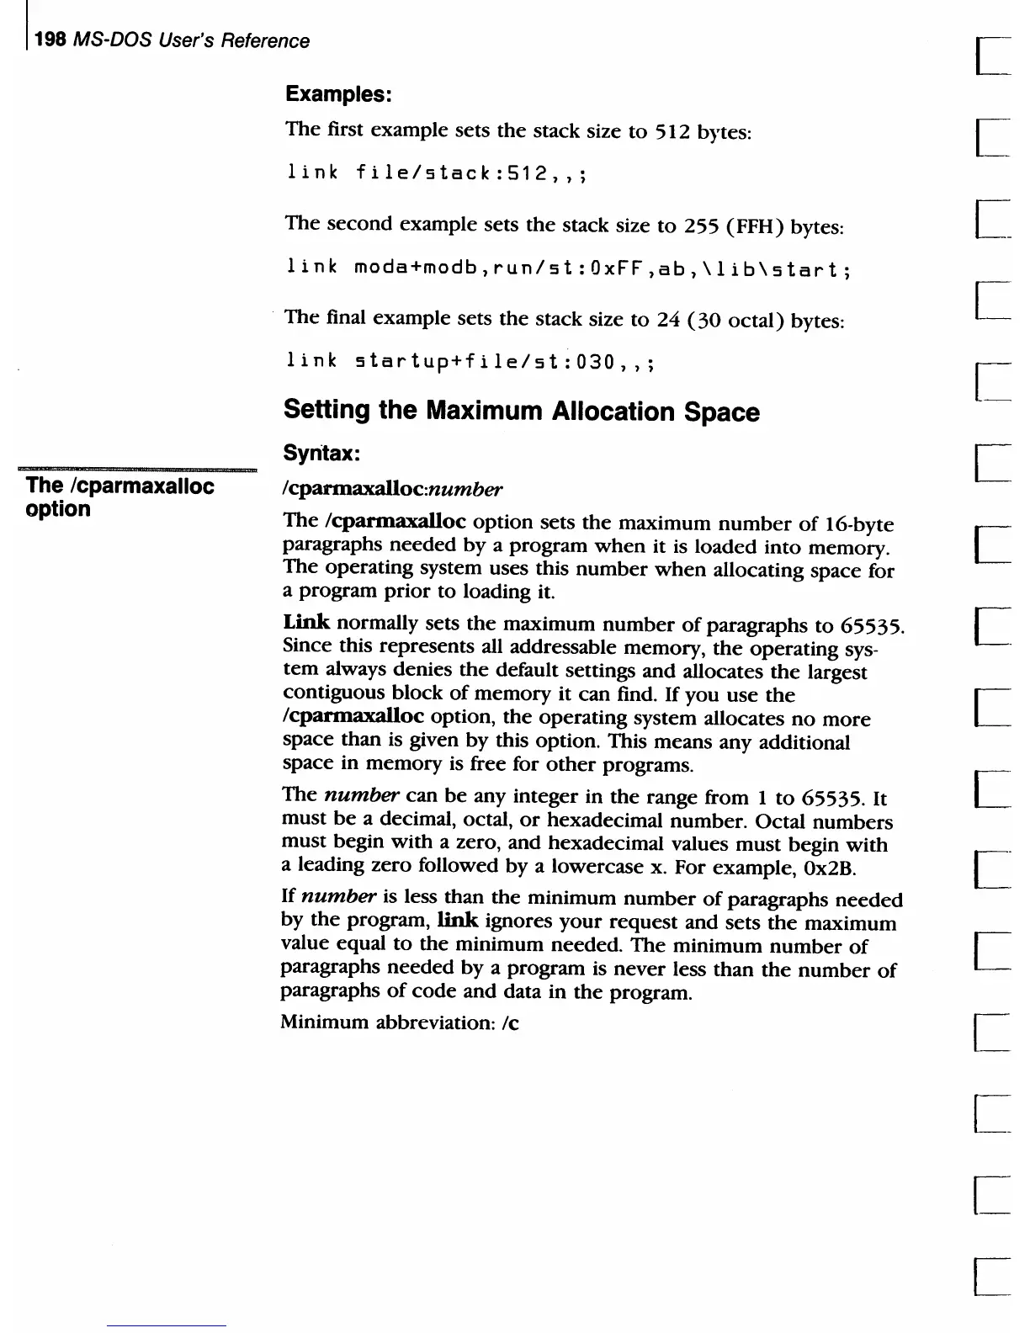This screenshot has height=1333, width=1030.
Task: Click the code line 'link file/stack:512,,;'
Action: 437,173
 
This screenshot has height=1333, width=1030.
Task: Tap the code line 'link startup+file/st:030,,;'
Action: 471,362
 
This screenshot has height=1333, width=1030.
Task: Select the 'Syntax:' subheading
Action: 322,454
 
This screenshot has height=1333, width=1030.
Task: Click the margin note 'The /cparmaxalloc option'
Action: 119,497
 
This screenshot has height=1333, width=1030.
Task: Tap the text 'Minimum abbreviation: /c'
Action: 400,1022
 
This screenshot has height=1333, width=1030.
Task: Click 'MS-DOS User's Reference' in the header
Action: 192,40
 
